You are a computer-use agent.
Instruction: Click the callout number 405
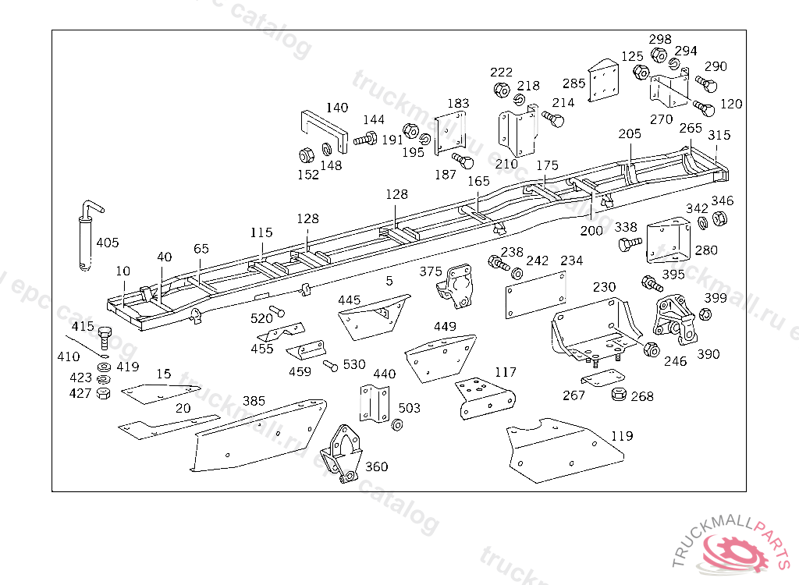[108, 243]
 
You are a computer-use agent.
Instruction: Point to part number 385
[254, 401]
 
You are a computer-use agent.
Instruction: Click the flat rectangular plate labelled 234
[535, 294]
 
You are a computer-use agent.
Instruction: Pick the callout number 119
[622, 436]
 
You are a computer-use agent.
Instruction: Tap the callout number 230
[604, 287]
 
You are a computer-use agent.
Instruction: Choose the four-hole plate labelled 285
[602, 82]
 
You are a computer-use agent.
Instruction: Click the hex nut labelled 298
[658, 55]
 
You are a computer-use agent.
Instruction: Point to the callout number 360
[376, 467]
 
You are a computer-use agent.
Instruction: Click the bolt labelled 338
[627, 245]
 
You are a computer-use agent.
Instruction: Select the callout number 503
[409, 408]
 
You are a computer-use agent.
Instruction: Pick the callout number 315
[719, 136]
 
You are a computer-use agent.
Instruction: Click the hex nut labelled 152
[307, 154]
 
